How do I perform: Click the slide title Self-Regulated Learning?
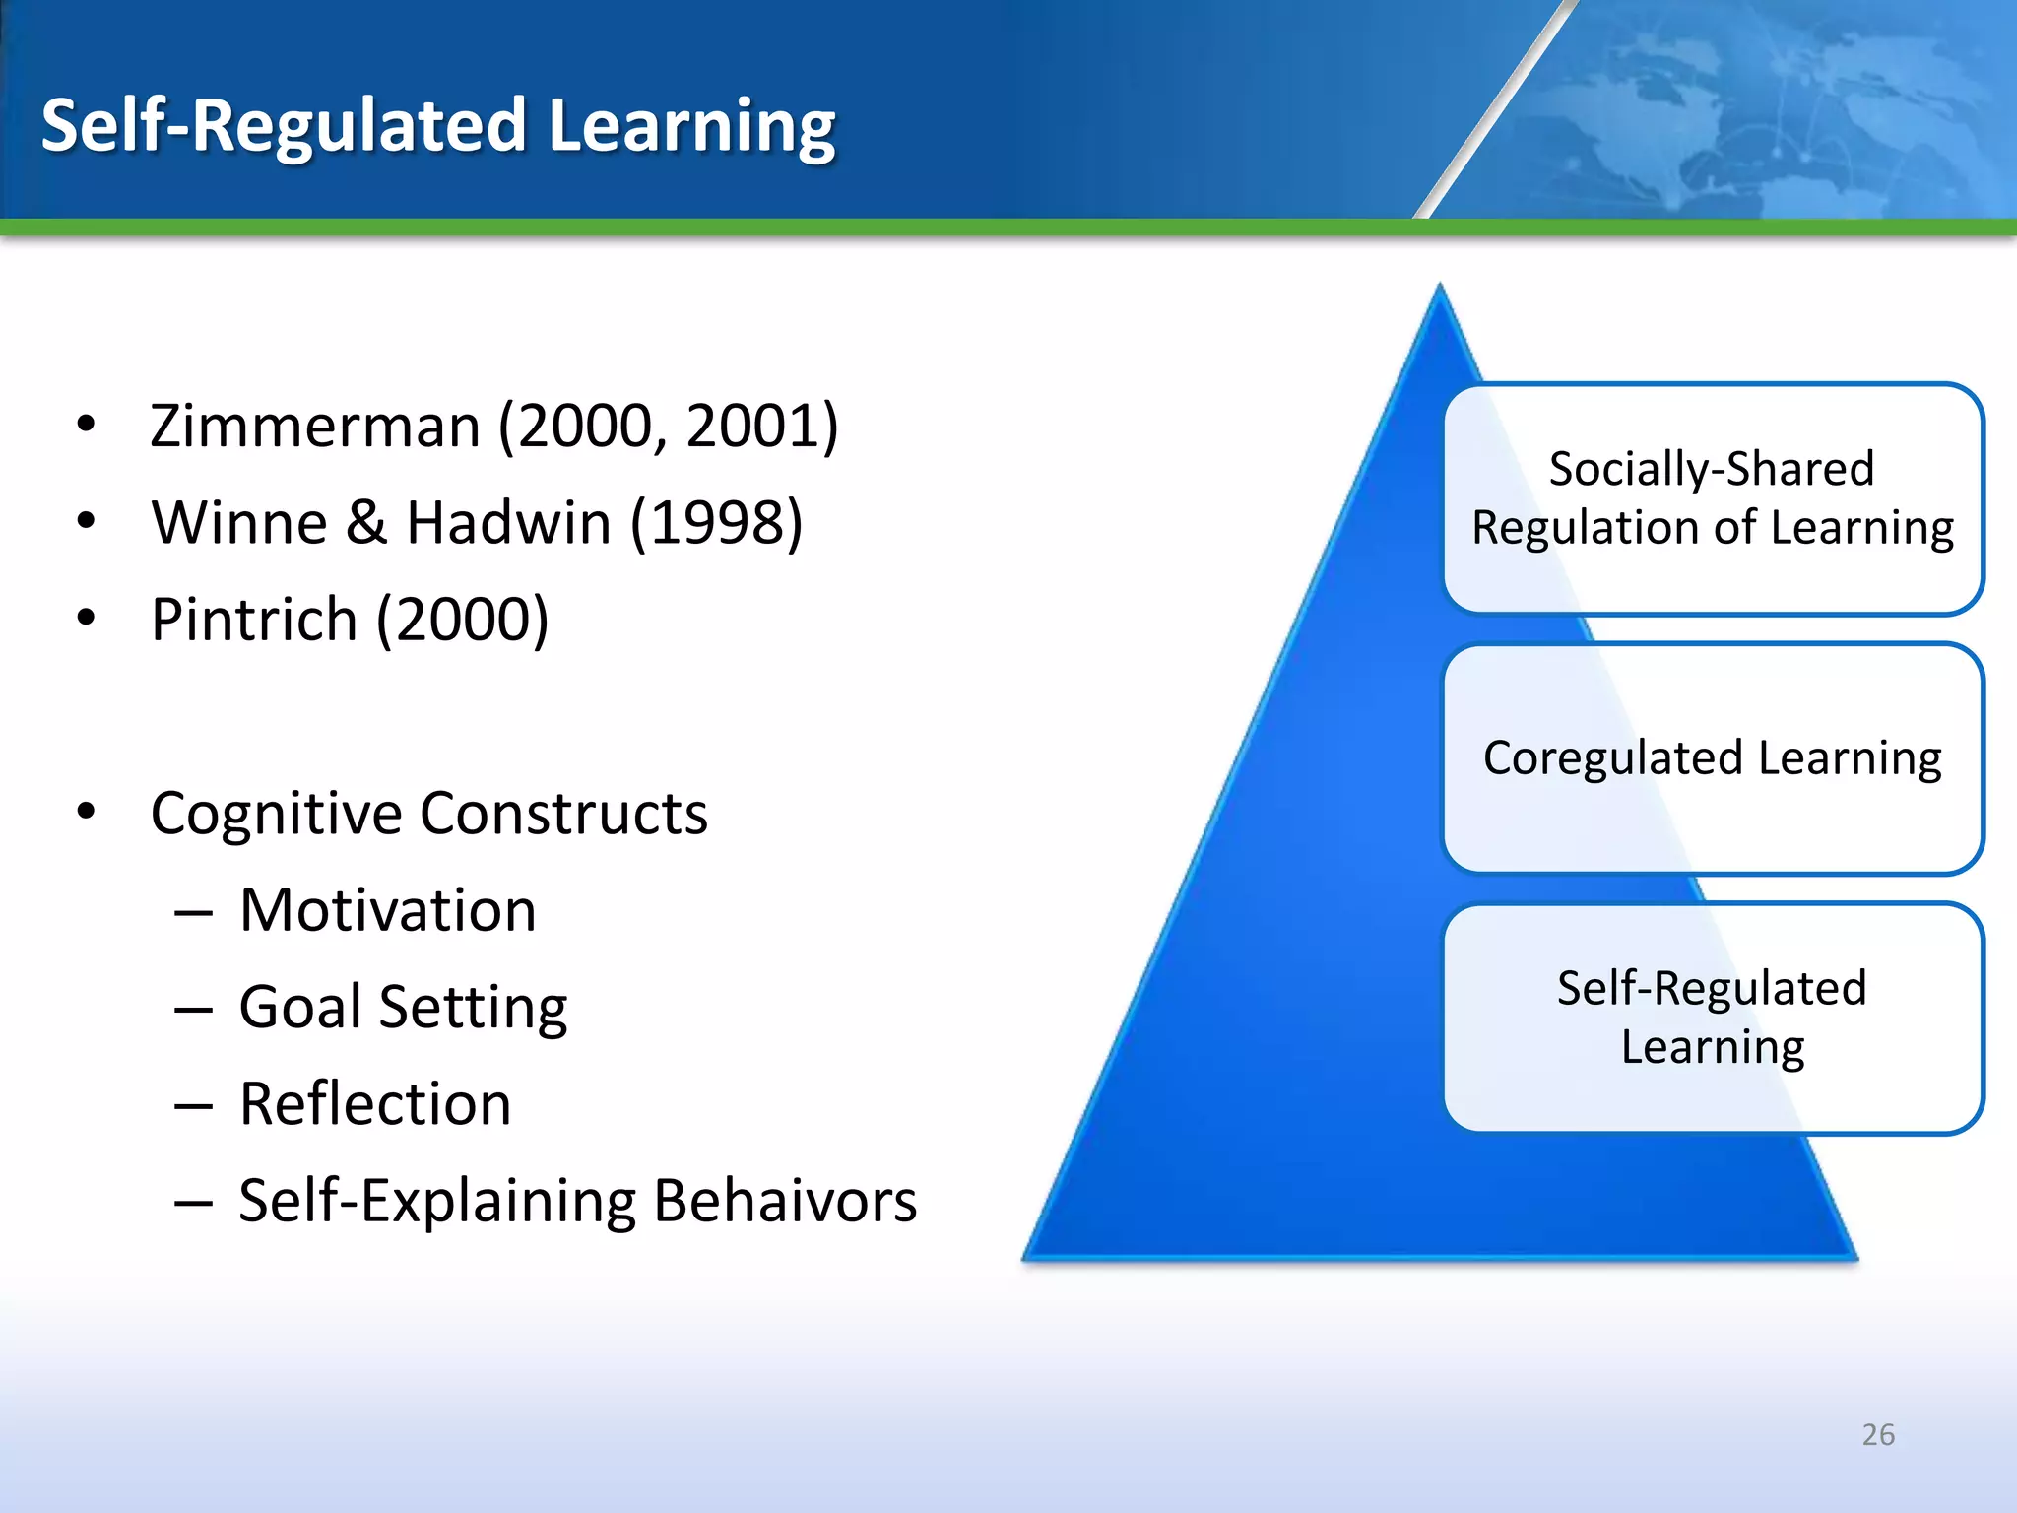pos(438,126)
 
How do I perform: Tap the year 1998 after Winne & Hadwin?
pos(716,523)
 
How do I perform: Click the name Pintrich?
pos(254,620)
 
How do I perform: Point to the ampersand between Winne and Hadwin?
pos(366,523)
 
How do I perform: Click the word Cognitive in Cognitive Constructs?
pos(277,814)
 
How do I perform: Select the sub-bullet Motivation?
pos(388,910)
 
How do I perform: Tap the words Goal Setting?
pos(403,1008)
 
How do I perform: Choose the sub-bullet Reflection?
pos(375,1104)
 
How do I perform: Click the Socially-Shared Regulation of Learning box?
pos(1712,498)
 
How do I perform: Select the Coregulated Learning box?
pos(1712,758)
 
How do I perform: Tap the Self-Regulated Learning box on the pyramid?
pos(1712,1018)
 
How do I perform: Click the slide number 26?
pos(1878,1434)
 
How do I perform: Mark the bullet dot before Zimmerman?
pos(87,425)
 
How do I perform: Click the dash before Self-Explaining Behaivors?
pos(193,1203)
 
